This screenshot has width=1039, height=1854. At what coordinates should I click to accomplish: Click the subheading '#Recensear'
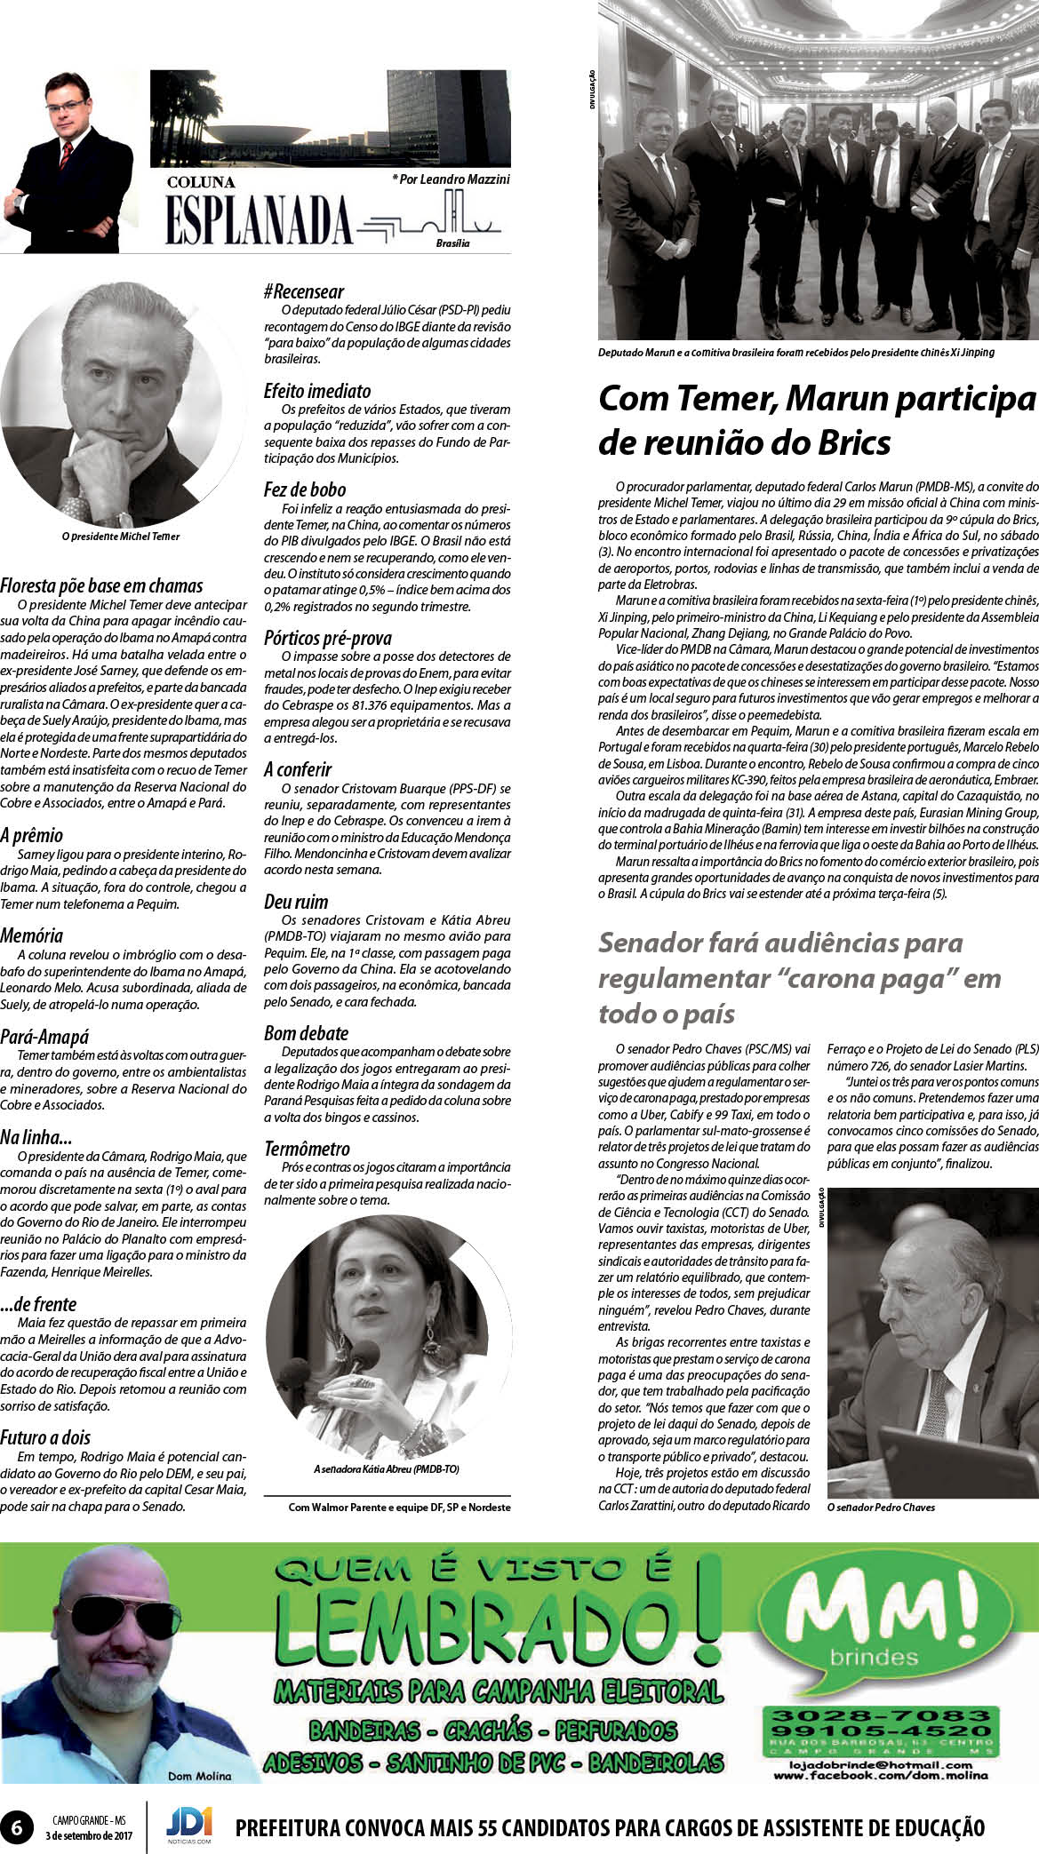click(x=303, y=291)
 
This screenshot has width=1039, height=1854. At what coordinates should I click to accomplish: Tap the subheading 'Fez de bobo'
click(x=304, y=489)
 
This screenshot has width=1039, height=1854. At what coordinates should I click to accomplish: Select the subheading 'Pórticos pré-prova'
click(x=327, y=638)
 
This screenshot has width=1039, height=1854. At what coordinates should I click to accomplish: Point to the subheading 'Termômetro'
click(x=307, y=1149)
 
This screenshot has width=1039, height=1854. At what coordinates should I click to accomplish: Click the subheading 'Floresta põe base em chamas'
click(x=101, y=585)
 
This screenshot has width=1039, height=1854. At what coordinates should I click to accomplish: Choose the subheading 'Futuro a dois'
click(x=45, y=1437)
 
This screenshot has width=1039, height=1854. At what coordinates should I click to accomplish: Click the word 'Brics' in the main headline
click(x=843, y=442)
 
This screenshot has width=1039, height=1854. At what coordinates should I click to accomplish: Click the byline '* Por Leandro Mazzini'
click(x=451, y=179)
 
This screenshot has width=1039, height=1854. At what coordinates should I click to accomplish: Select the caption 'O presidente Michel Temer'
click(x=121, y=537)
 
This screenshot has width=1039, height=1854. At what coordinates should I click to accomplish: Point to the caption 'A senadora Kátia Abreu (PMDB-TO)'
click(x=386, y=1470)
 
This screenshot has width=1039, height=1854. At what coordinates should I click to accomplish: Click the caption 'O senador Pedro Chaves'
click(x=880, y=1508)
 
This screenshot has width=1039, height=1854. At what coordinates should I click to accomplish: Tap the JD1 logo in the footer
click(x=188, y=1824)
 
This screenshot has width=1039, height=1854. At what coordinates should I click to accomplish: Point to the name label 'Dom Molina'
click(x=199, y=1776)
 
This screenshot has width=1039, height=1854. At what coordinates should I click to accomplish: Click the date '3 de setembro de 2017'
click(x=88, y=1835)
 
